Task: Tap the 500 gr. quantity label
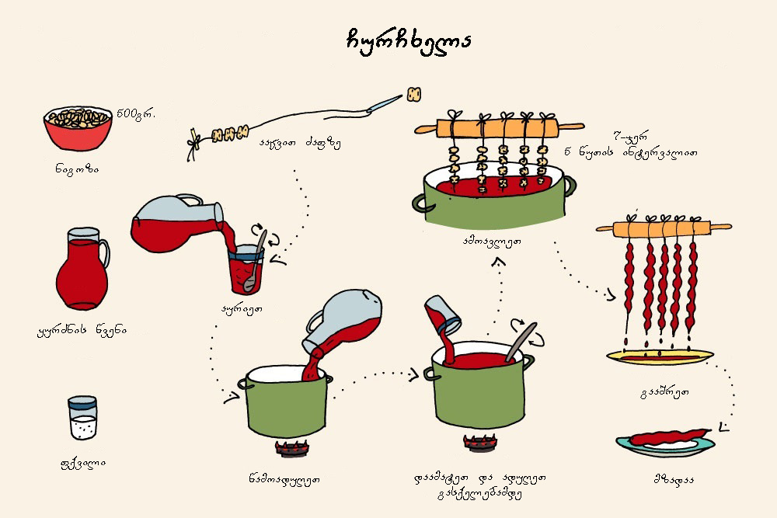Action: [136, 114]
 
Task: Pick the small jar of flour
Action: [82, 419]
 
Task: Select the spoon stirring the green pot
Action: [522, 342]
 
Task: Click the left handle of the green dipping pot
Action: [423, 203]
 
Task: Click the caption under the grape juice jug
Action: [82, 329]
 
